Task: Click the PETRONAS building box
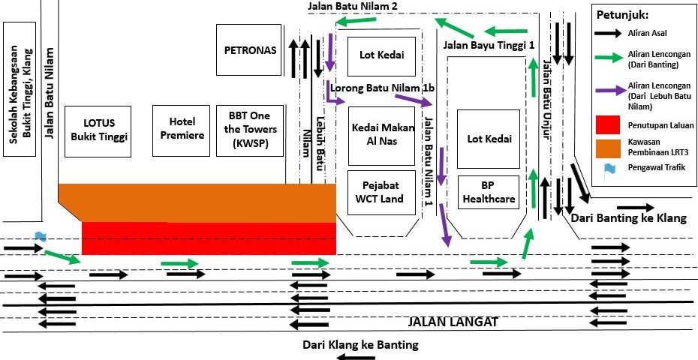click(x=251, y=50)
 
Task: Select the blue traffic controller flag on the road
click(x=40, y=238)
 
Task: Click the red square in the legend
click(x=608, y=125)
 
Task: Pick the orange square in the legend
click(x=608, y=148)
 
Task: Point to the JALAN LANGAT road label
click(x=453, y=322)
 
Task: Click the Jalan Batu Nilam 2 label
click(x=352, y=6)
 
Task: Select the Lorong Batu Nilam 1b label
click(x=383, y=88)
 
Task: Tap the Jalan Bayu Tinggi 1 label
click(x=489, y=46)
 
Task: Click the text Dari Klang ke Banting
click(x=360, y=346)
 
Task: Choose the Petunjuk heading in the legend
click(x=623, y=15)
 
